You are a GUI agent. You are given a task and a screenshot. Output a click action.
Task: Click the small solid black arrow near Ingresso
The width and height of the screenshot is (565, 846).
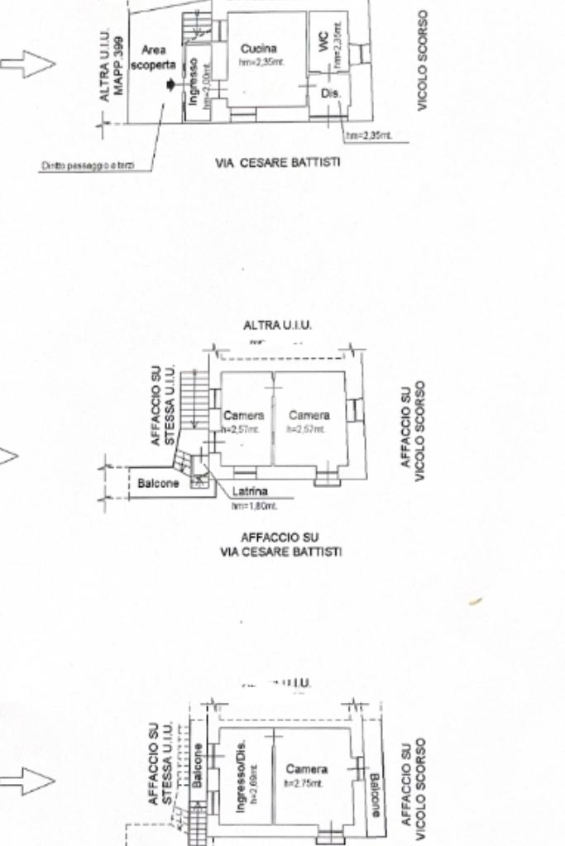tap(170, 84)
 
